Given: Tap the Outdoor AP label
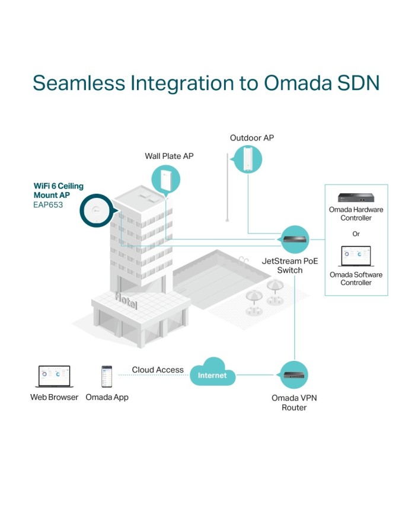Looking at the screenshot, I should point(252,138).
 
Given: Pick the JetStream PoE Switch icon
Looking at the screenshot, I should point(295,239).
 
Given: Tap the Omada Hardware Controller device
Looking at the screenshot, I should point(356,197).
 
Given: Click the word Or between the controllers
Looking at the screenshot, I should point(356,233).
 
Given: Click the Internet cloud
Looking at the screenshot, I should point(212,375).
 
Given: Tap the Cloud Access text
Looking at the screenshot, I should point(158,370).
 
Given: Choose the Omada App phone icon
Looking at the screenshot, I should point(107,376).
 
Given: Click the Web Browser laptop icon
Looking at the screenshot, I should point(54,376).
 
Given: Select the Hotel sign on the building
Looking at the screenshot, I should point(126,300).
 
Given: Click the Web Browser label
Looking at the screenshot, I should point(54,397).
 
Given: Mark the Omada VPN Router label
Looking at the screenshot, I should point(294,402).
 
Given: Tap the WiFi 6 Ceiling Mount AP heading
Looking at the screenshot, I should point(58,190).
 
